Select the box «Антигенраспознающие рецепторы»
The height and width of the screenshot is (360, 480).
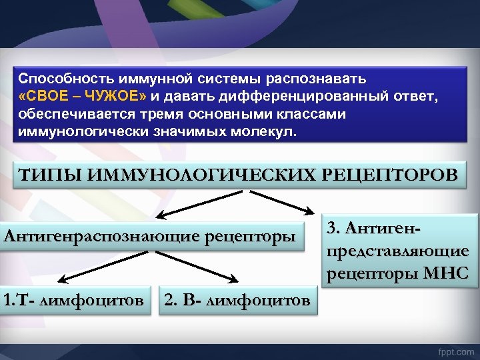coord(150,236)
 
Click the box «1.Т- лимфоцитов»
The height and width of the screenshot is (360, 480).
coord(73,301)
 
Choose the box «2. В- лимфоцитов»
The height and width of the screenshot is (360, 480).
coord(237,301)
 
